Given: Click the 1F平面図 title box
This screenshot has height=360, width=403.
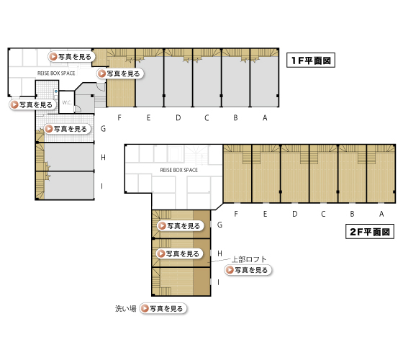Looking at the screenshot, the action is coord(311,60).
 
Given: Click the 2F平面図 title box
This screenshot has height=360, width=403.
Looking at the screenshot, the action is coord(370,232).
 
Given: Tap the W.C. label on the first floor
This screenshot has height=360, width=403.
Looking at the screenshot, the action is coord(67,102).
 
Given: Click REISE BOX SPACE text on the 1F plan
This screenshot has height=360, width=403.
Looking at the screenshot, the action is coord(56,73).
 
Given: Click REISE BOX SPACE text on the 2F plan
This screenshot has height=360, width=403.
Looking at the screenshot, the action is coord(179,170).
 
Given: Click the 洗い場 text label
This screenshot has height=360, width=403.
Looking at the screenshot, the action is coord(125,308).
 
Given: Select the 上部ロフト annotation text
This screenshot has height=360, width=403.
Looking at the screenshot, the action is coord(249,259).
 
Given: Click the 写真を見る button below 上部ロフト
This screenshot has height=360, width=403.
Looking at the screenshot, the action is coord(248,270).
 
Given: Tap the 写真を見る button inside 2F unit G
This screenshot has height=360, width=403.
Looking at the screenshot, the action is coord(181,226).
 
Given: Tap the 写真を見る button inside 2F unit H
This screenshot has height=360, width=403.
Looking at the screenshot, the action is coord(179,253).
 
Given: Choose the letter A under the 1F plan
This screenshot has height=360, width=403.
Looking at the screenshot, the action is coord(265,118).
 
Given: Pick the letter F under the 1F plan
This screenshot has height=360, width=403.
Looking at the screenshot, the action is coord(119,118).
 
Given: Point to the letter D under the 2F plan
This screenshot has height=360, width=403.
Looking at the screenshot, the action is coord(295,214).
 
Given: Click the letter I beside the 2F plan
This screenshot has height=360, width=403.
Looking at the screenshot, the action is coord(218,282).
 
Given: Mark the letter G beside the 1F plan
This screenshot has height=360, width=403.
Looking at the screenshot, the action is coord(103,129).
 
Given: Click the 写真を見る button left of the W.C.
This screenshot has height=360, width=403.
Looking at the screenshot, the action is coord(33,104).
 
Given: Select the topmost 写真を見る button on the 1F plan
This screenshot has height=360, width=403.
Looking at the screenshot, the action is coord(71,57).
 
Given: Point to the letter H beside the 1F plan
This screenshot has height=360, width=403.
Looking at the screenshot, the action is coord(103,157).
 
